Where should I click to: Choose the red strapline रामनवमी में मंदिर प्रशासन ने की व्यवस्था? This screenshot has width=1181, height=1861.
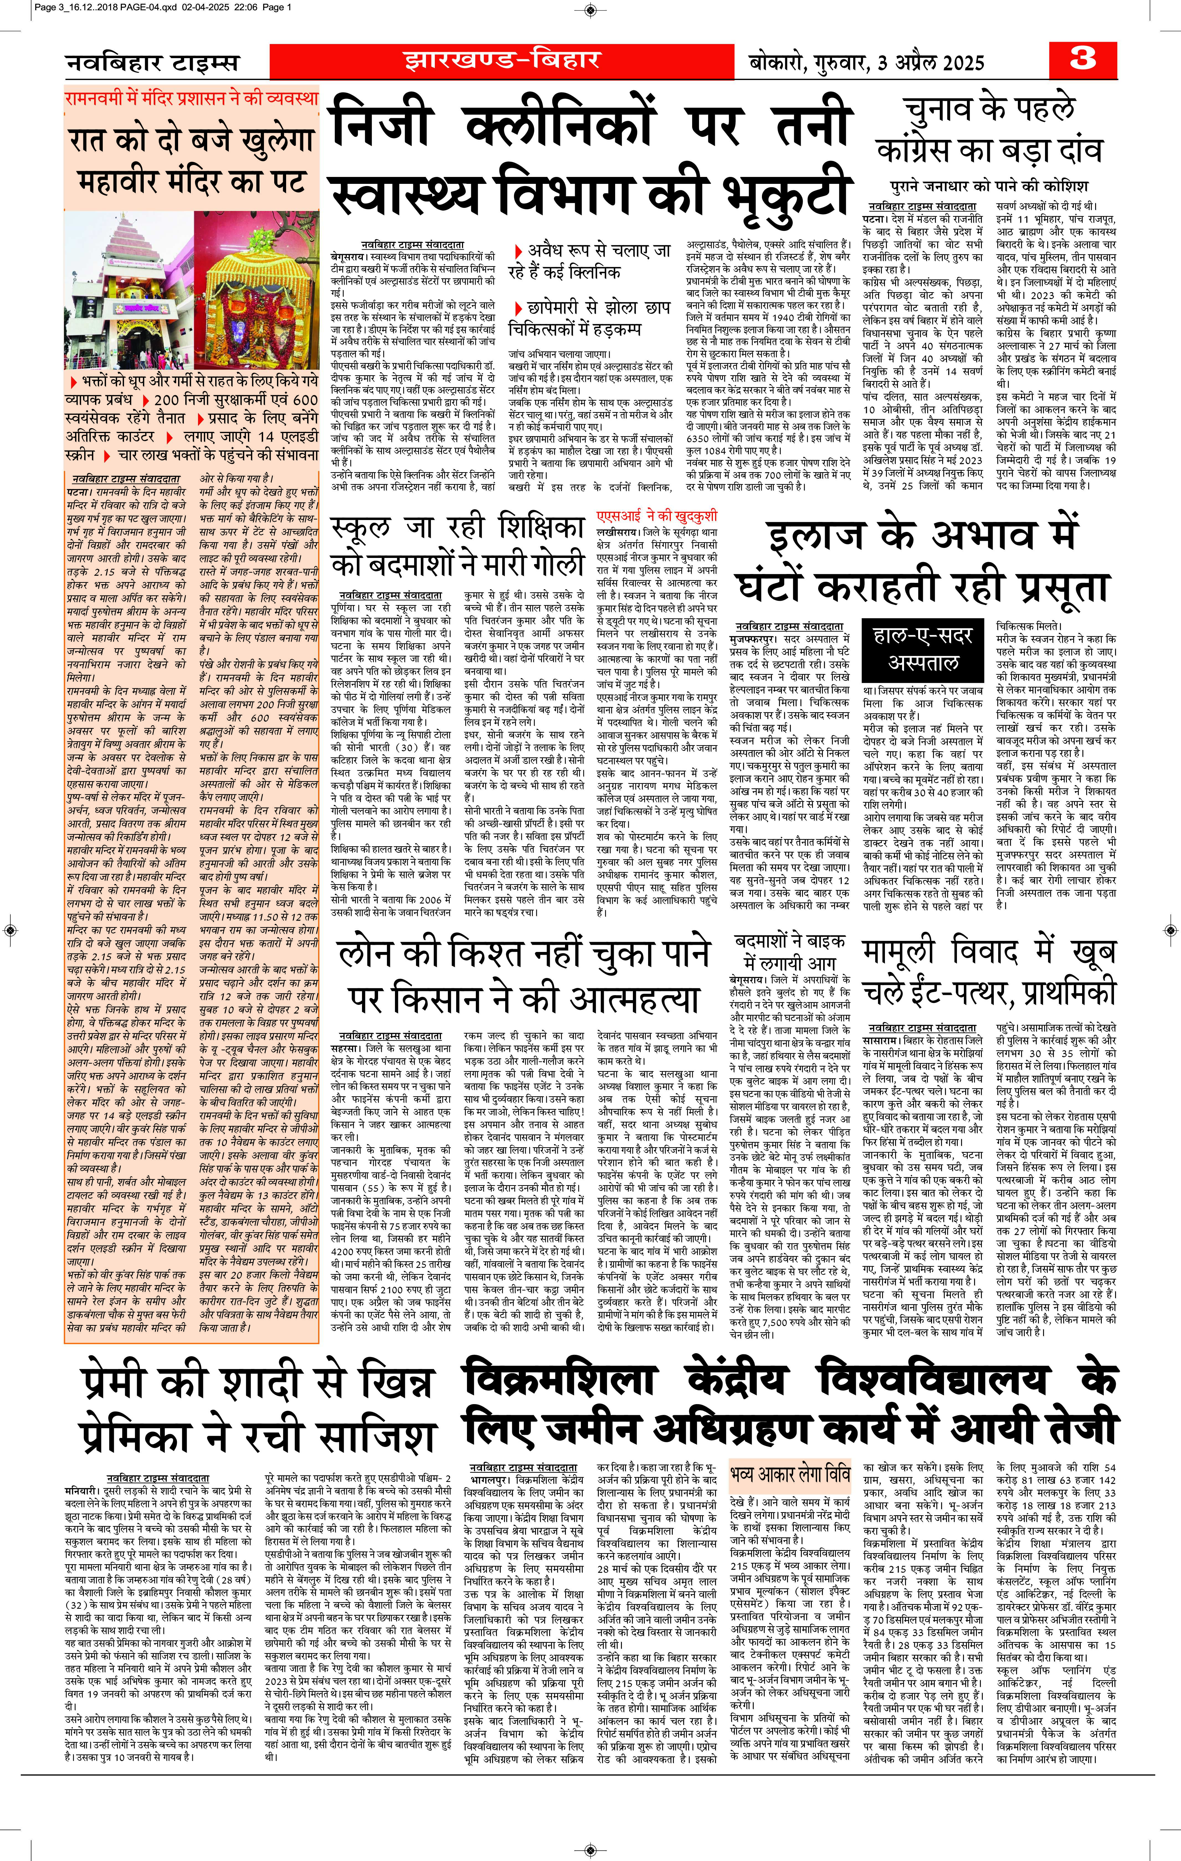191,98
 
